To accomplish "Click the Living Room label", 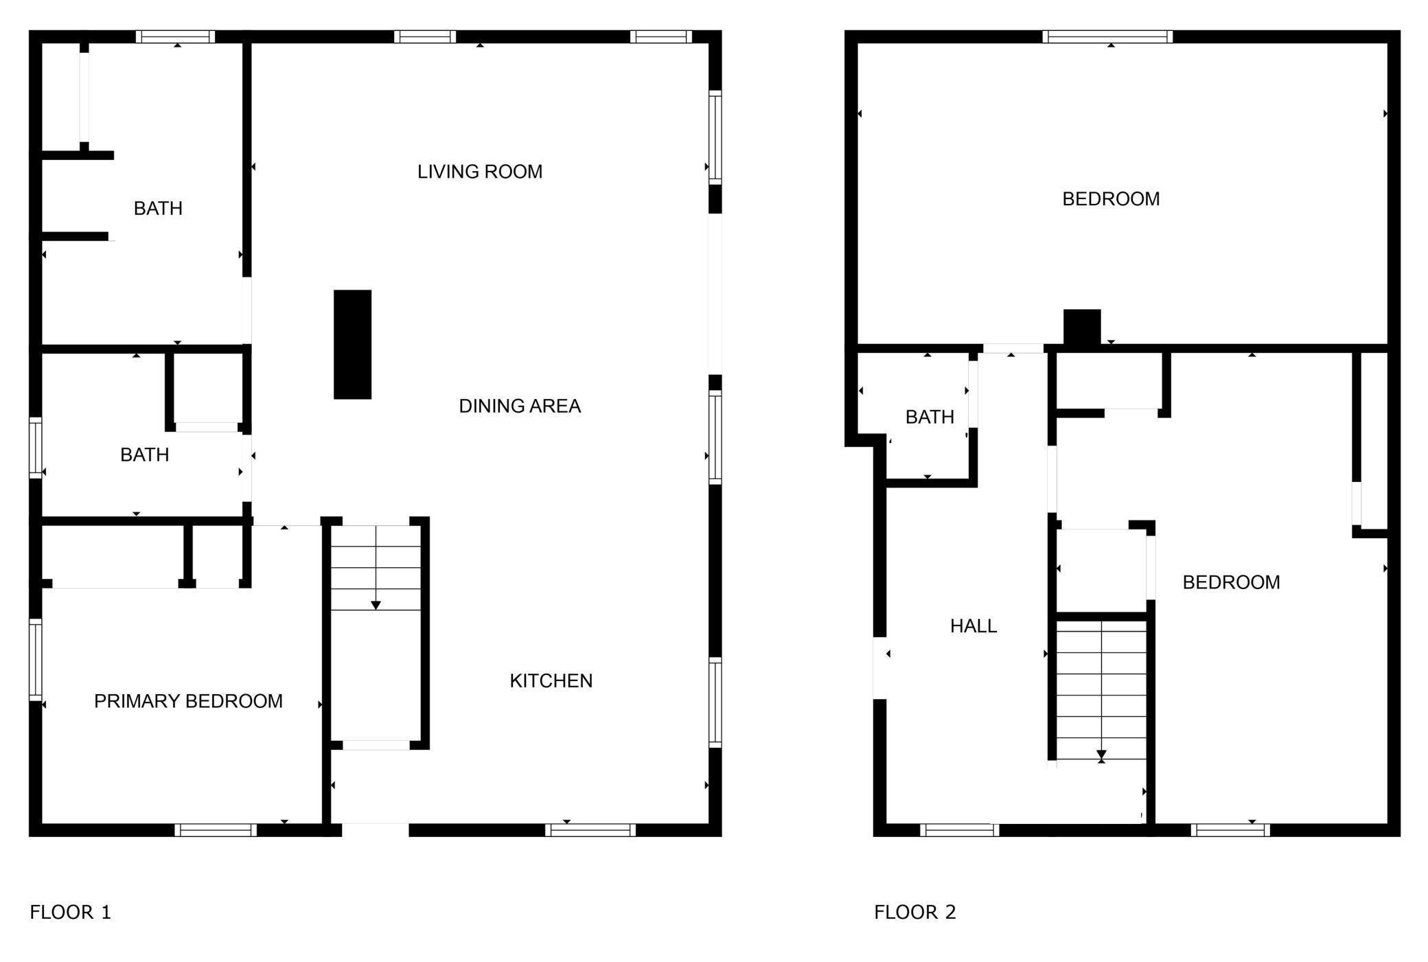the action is click(x=480, y=172).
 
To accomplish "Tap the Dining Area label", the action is click(x=520, y=406).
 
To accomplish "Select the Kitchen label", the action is click(x=551, y=681).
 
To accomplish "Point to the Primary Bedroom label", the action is click(x=188, y=701).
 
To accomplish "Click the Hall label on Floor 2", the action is click(x=974, y=626).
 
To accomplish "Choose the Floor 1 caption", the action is click(x=70, y=913).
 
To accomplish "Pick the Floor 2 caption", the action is click(x=915, y=913).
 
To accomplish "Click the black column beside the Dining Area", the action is click(x=353, y=345).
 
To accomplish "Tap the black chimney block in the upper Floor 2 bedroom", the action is click(x=1082, y=327).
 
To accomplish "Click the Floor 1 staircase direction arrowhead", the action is click(x=376, y=606).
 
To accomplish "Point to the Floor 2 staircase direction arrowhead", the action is click(x=1101, y=755).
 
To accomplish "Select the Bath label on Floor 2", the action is click(x=930, y=417).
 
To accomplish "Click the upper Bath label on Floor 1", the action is click(x=158, y=209).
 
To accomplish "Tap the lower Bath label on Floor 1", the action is click(x=144, y=455).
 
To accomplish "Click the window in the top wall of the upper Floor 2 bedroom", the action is click(x=1107, y=37).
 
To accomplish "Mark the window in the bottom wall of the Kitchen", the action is click(x=590, y=830).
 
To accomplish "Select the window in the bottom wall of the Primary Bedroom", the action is click(x=216, y=830).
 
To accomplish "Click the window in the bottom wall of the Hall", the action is click(x=959, y=830).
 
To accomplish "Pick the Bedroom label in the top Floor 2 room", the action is click(x=1111, y=199).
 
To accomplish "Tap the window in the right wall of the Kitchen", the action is click(x=715, y=702).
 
